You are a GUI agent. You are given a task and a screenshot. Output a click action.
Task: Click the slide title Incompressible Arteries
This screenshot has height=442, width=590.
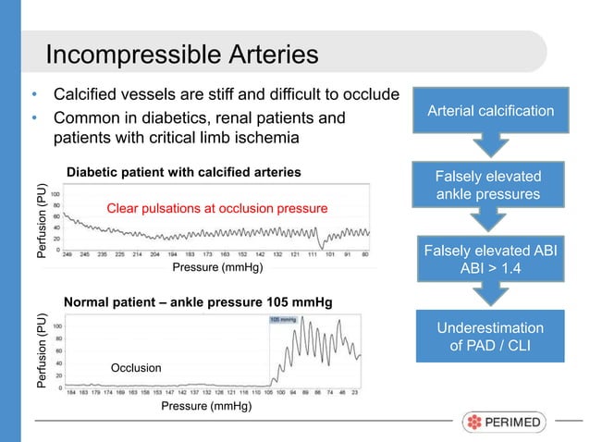point(182,55)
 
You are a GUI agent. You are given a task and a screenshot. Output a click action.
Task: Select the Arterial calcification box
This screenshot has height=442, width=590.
point(490,111)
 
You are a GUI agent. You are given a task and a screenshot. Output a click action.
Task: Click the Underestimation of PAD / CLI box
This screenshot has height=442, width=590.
point(490,338)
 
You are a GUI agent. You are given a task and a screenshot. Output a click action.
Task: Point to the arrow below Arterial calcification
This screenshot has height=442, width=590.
point(490,146)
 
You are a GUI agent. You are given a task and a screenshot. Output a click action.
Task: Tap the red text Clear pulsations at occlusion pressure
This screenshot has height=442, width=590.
point(217,209)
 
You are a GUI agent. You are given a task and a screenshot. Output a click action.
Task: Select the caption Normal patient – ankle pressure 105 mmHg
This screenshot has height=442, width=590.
point(197,302)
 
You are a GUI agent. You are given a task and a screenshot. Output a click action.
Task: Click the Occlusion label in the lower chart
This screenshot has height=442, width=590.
point(136,368)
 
